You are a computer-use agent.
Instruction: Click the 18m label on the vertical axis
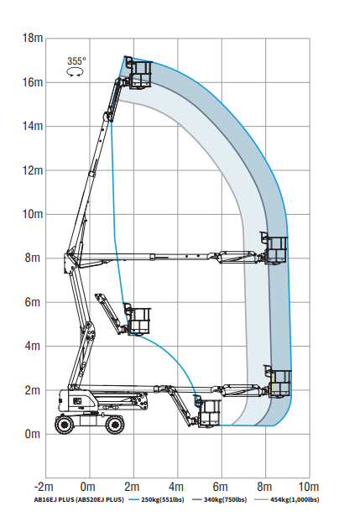click(x=33, y=38)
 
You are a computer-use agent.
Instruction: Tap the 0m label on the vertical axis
click(x=33, y=434)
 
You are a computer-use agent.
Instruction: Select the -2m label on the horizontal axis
click(x=44, y=487)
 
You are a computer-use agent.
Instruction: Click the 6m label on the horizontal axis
click(x=220, y=487)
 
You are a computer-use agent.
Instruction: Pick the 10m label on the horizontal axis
click(x=309, y=487)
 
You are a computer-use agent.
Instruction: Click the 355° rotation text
click(x=76, y=61)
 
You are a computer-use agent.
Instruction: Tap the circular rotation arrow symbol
click(x=75, y=72)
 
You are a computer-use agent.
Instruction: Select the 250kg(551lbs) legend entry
click(x=157, y=500)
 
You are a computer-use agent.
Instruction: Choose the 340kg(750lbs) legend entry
click(x=219, y=500)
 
